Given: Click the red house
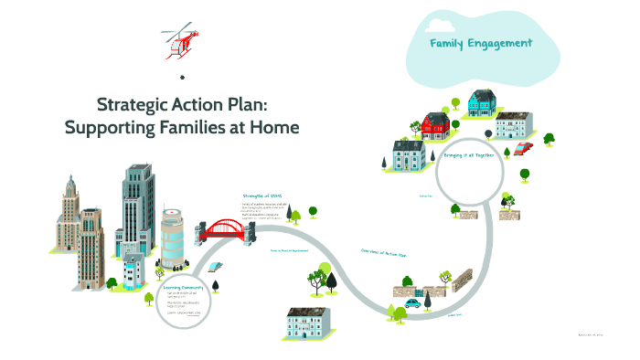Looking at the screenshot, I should (x=433, y=123).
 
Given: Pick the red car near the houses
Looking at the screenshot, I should (x=523, y=147).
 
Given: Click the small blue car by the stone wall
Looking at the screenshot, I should (x=413, y=302).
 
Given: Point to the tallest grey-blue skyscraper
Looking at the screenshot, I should (x=139, y=206).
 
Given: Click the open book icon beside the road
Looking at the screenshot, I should (x=215, y=266).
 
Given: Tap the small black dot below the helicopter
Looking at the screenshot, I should (x=183, y=77).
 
